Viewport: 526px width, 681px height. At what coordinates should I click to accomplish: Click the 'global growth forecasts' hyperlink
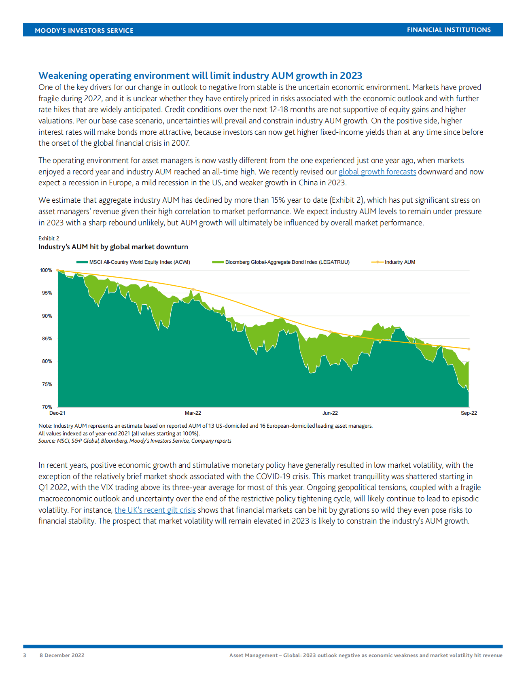tap(377, 172)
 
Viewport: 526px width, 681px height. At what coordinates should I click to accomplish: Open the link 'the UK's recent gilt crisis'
tap(155, 510)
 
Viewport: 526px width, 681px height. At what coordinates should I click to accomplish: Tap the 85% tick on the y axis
tap(47, 339)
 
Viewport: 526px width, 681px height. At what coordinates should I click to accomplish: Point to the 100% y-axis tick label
tap(46, 270)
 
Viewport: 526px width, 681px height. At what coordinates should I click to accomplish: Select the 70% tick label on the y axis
tap(47, 407)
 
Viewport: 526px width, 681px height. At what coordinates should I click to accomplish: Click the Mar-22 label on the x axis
tap(193, 413)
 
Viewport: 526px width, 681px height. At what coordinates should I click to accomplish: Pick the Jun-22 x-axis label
tap(330, 413)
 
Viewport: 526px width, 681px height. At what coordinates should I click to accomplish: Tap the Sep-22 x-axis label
tap(469, 413)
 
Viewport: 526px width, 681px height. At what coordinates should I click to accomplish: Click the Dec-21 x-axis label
tap(57, 413)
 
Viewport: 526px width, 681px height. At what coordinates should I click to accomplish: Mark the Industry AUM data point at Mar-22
tap(193, 290)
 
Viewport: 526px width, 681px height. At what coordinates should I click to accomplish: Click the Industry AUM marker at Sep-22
tap(469, 349)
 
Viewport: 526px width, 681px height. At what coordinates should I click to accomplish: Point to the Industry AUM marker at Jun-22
tap(330, 332)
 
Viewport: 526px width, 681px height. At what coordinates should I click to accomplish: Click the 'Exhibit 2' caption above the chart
tap(49, 238)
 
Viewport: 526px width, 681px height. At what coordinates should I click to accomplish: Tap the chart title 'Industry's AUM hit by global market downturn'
tap(113, 247)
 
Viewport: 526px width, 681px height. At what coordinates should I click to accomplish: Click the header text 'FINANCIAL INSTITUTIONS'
tap(449, 30)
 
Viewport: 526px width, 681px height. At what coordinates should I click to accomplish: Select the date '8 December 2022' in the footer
tap(62, 655)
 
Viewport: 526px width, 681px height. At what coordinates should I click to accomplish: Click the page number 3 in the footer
tap(25, 655)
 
